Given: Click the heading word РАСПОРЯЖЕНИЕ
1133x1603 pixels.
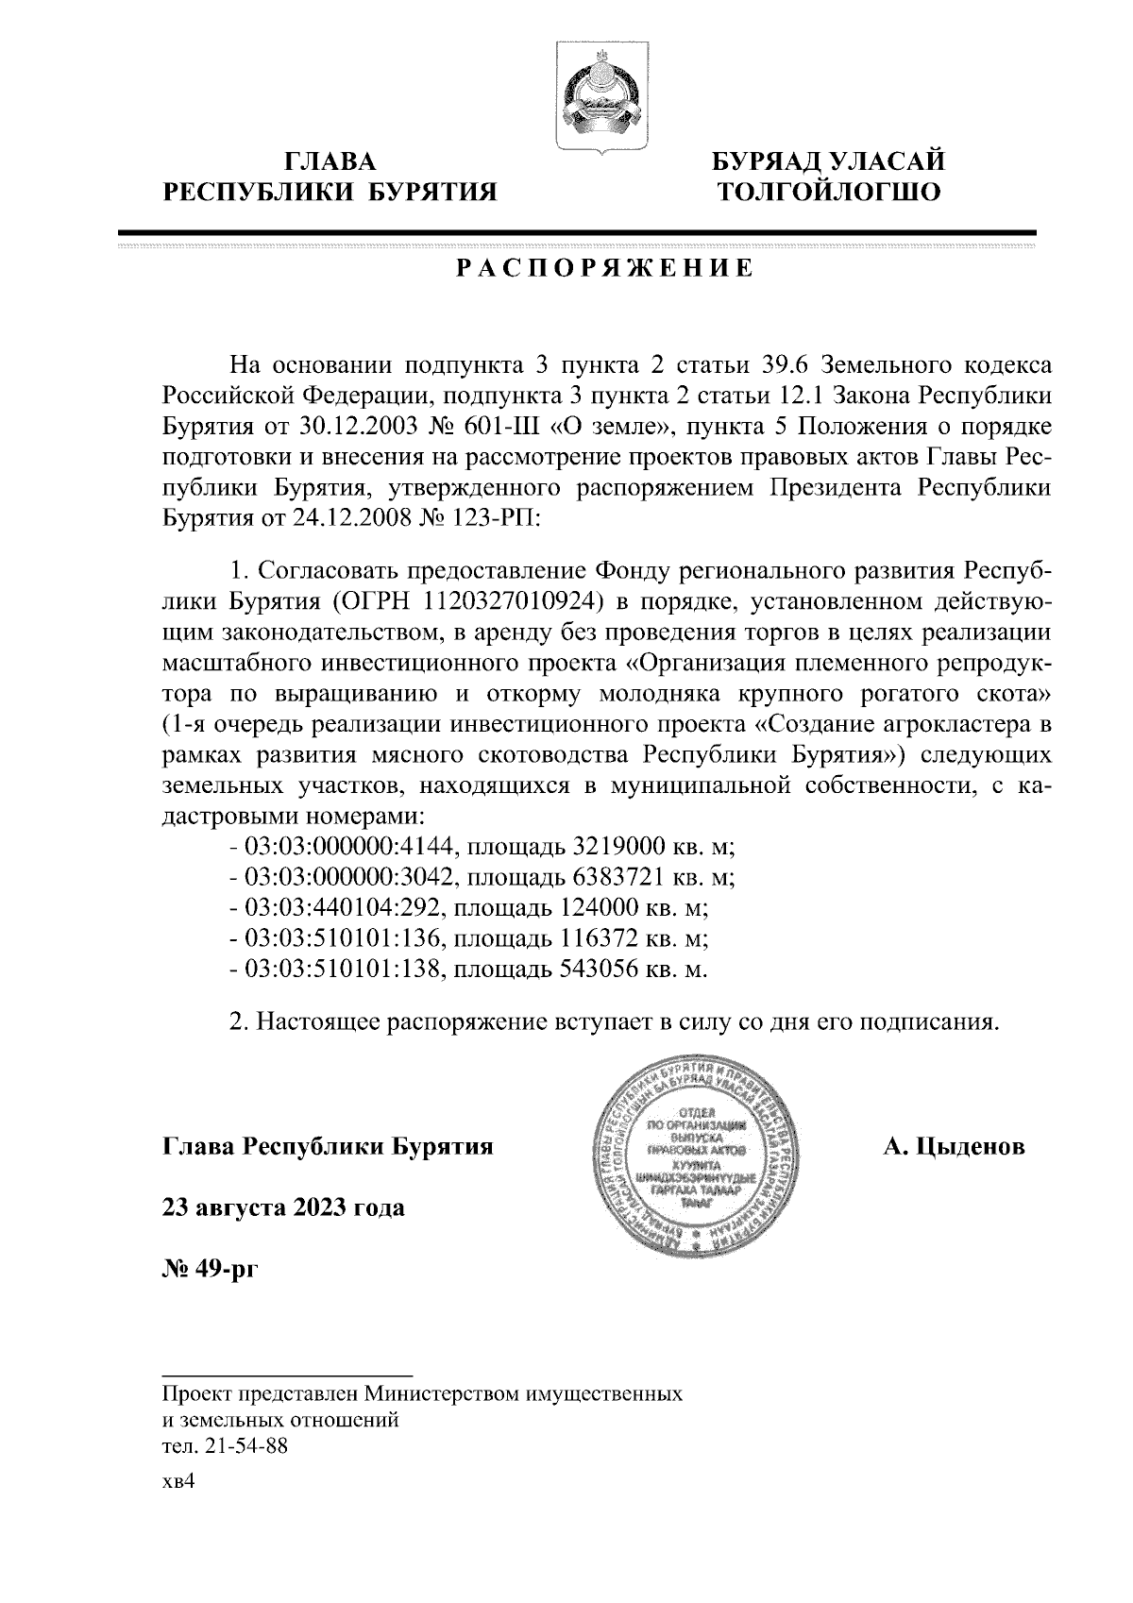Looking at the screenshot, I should tap(605, 269).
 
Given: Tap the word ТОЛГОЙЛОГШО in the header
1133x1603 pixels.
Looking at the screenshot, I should tap(828, 194).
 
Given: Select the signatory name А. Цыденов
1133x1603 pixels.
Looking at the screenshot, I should tap(954, 1147).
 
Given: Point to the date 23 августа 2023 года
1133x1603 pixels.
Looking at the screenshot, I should tap(284, 1207).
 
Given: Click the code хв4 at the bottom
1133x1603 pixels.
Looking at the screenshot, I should tap(178, 1482).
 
